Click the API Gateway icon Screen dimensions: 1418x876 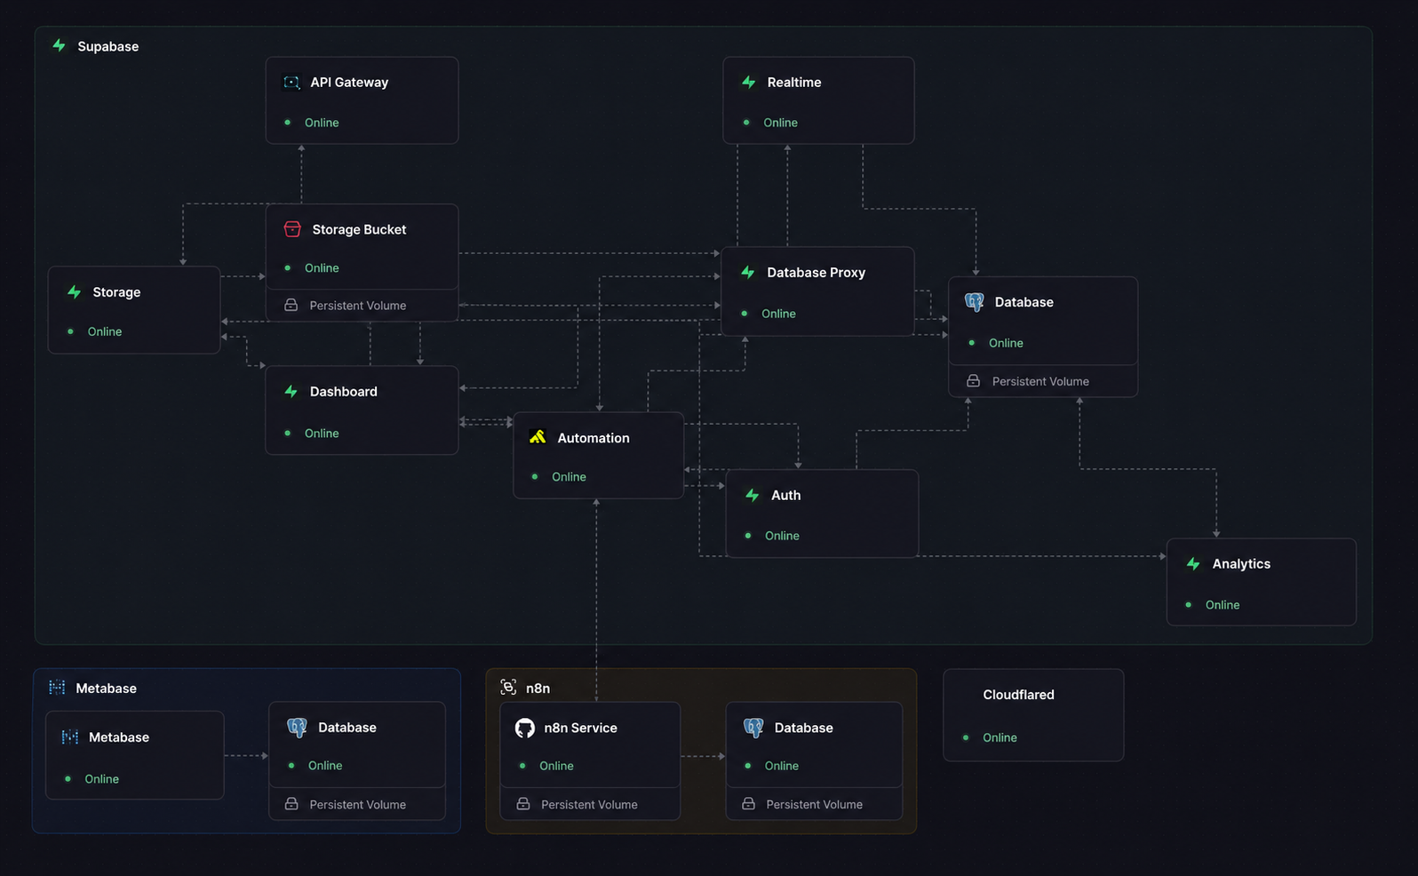(x=291, y=83)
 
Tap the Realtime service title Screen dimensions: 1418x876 (x=793, y=83)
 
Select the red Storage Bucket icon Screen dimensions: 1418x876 (x=291, y=229)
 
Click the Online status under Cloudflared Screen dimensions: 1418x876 (x=1000, y=737)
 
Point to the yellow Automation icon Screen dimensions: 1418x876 (x=538, y=437)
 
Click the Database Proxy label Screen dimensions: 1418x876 (x=816, y=272)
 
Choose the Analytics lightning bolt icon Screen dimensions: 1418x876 (x=1193, y=563)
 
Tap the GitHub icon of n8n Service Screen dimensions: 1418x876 (x=525, y=728)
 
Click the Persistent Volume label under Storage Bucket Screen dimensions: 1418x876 (x=358, y=305)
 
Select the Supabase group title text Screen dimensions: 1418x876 (x=108, y=46)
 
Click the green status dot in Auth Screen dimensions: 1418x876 (x=748, y=536)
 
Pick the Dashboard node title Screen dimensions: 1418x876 (x=343, y=391)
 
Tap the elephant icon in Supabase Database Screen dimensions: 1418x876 (x=975, y=302)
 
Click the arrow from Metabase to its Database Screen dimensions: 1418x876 (x=246, y=755)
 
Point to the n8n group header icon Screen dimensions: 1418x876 (x=508, y=688)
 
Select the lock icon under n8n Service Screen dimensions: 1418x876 (x=523, y=804)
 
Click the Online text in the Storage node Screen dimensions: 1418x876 (x=105, y=331)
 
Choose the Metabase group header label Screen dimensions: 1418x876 (x=106, y=688)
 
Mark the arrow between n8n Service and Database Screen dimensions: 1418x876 (x=703, y=756)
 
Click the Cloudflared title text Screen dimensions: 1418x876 (x=1018, y=695)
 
